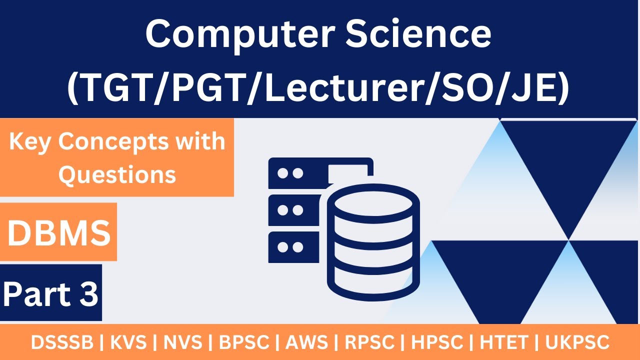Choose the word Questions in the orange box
pyautogui.click(x=117, y=174)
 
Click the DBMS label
pyautogui.click(x=58, y=233)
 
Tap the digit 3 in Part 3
pyautogui.click(x=88, y=294)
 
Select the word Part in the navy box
pyautogui.click(x=37, y=294)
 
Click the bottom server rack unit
pyautogui.click(x=293, y=247)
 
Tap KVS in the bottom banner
pyautogui.click(x=128, y=343)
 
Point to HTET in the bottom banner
pyautogui.click(x=504, y=343)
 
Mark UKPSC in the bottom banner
pyautogui.click(x=577, y=343)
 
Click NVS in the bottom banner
pyautogui.click(x=184, y=343)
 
